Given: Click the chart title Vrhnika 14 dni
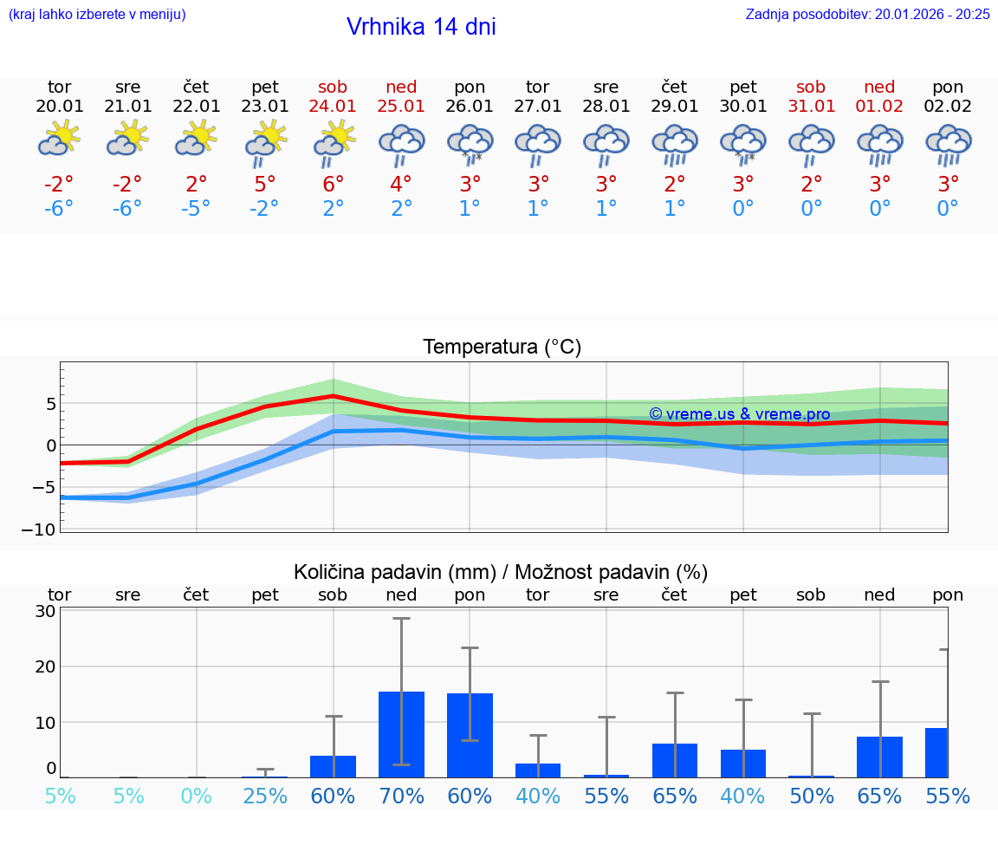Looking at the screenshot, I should pyautogui.click(x=421, y=27).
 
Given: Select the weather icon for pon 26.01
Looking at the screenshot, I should pyautogui.click(x=470, y=143).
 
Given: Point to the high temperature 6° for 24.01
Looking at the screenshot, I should pyautogui.click(x=334, y=184).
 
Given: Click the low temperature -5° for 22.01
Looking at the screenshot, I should pyautogui.click(x=197, y=208).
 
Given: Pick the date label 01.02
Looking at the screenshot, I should pyautogui.click(x=879, y=106).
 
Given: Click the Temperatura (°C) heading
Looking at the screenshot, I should pyautogui.click(x=502, y=348).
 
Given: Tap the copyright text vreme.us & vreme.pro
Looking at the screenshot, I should pyautogui.click(x=739, y=414).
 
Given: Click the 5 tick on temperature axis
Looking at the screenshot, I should pyautogui.click(x=51, y=404).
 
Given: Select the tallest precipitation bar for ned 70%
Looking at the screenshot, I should pyautogui.click(x=401, y=734).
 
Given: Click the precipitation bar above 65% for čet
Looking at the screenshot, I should pyautogui.click(x=675, y=760).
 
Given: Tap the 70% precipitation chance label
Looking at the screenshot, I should pyautogui.click(x=401, y=796).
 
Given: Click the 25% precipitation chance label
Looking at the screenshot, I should pyautogui.click(x=265, y=796).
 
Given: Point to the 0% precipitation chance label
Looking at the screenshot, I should pyautogui.click(x=197, y=796).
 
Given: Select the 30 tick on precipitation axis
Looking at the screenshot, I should pyautogui.click(x=45, y=611).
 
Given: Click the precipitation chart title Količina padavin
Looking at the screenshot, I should pyautogui.click(x=501, y=572).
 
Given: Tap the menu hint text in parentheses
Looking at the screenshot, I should pyautogui.click(x=97, y=14).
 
